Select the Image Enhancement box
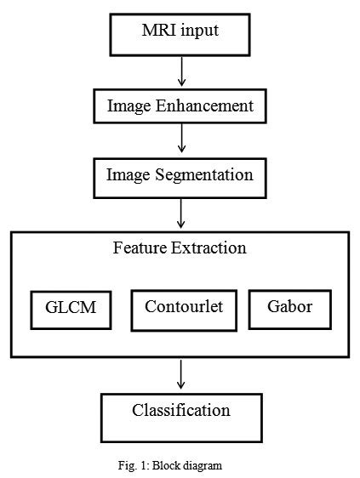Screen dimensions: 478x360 (x=180, y=105)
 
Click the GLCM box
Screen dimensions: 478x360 (x=71, y=310)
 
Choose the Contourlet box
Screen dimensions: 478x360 (x=183, y=310)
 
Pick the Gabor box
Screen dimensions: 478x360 (x=289, y=310)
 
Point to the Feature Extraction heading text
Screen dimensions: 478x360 (x=180, y=248)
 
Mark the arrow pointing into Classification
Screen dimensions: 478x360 (x=180, y=374)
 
